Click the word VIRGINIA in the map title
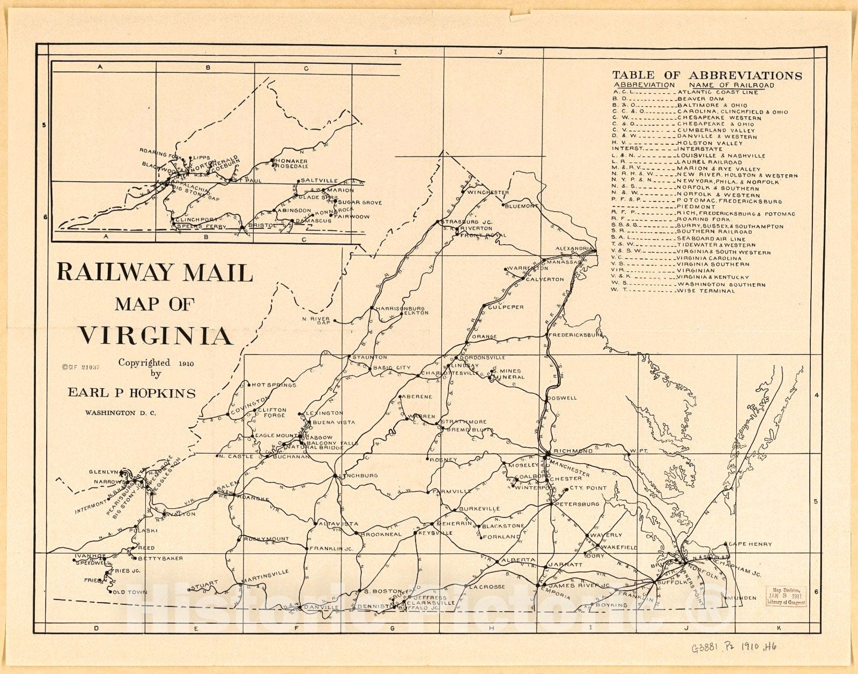[156, 336]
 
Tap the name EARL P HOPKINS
[131, 393]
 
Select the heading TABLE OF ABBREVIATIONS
[707, 76]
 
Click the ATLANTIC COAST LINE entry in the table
[718, 92]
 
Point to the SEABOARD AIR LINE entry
[711, 239]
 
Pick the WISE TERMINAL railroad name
[706, 291]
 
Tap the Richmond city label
[573, 451]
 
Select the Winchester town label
[487, 192]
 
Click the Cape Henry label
[750, 544]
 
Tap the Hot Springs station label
[273, 384]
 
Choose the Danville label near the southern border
[321, 607]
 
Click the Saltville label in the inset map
[319, 181]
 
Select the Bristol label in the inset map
[262, 226]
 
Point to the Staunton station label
[369, 357]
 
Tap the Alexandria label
[574, 249]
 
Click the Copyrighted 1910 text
[156, 363]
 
